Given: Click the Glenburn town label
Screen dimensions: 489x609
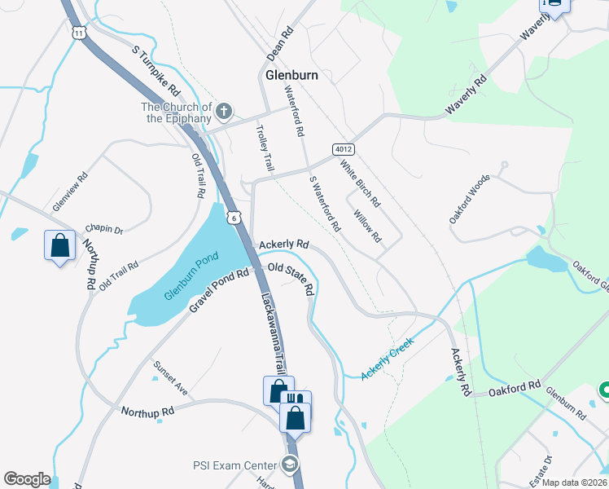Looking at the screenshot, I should [x=291, y=75].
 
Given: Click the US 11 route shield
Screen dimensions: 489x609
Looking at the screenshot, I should [x=78, y=33].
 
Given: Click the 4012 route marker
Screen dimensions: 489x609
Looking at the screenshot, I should [x=343, y=149].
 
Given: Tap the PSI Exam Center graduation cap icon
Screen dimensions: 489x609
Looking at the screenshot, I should [x=289, y=465].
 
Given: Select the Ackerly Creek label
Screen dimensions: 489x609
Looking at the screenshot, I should [x=388, y=358].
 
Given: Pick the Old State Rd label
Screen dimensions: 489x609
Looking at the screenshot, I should [x=291, y=278].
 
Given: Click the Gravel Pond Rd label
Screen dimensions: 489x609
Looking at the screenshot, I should [x=219, y=289].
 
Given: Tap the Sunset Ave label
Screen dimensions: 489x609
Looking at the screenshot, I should [x=170, y=380].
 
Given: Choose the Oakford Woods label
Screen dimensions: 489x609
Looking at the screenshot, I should [x=470, y=198].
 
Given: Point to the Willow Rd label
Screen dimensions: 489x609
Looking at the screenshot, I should [x=367, y=226].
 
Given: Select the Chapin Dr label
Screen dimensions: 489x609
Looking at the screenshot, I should [x=103, y=231].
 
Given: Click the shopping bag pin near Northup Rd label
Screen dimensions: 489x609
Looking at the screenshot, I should [x=60, y=245].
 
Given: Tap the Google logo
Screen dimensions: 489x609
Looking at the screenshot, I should [x=27, y=479].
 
